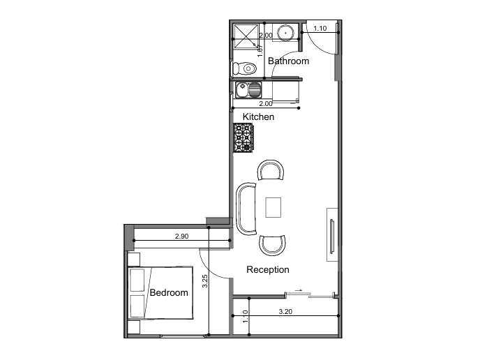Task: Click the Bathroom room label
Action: (x=288, y=61)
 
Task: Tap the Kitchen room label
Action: (x=258, y=117)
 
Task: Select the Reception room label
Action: (x=268, y=269)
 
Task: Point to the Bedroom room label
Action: (x=169, y=292)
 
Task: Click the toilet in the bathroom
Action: (x=244, y=68)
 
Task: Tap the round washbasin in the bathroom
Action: (x=285, y=33)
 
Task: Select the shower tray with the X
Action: (x=246, y=36)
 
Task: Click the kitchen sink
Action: (x=248, y=90)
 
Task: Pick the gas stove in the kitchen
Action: (x=243, y=137)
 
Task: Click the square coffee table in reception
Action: (x=273, y=207)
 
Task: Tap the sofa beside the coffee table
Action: (x=246, y=209)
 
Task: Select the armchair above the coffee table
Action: (x=271, y=170)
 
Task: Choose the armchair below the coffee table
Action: (x=273, y=245)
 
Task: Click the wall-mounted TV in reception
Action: (x=332, y=237)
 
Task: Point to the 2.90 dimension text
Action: (x=182, y=236)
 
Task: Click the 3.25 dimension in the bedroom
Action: (x=205, y=281)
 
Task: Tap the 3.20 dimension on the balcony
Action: (x=285, y=312)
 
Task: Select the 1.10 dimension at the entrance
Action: (x=320, y=29)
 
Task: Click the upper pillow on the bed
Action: (x=137, y=280)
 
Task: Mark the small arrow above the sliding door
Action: (x=299, y=290)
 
